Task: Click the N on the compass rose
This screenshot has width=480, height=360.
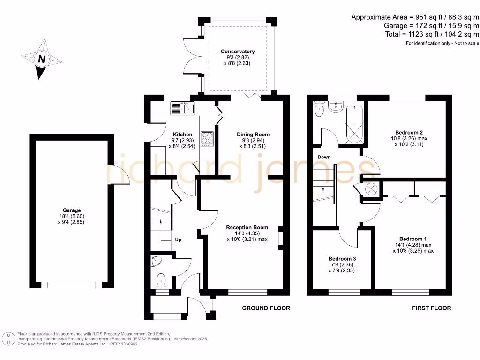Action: [42, 59]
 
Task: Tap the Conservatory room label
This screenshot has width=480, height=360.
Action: [238, 52]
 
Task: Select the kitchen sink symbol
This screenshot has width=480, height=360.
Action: [182, 108]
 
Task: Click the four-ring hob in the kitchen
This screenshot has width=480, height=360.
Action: [207, 139]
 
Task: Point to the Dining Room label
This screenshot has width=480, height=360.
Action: [253, 135]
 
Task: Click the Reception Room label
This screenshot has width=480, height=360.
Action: [247, 227]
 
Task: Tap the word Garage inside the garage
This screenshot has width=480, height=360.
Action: [72, 210]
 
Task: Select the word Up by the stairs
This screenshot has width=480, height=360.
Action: [178, 240]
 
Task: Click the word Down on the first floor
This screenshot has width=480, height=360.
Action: [324, 157]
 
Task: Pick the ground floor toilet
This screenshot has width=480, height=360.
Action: [161, 281]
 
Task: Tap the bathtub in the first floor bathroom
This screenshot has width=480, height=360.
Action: [354, 125]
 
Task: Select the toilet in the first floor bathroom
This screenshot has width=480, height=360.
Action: [319, 109]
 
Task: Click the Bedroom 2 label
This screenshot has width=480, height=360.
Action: [409, 133]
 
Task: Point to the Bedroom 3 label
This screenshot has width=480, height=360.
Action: [342, 259]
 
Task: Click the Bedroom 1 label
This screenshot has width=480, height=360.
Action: [413, 239]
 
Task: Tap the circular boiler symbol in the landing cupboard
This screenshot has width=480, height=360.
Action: [371, 189]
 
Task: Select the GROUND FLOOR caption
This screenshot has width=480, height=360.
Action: [266, 308]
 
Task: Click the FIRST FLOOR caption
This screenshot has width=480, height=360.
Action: [431, 308]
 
